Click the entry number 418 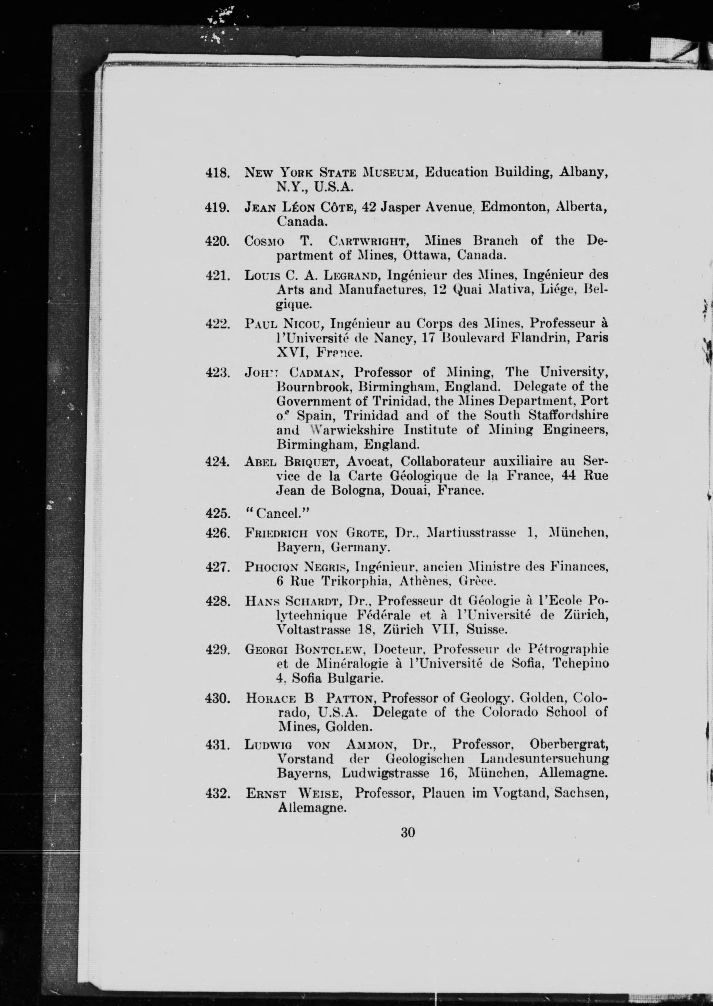[x=218, y=173]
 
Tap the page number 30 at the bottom [x=408, y=844]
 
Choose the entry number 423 [x=218, y=373]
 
